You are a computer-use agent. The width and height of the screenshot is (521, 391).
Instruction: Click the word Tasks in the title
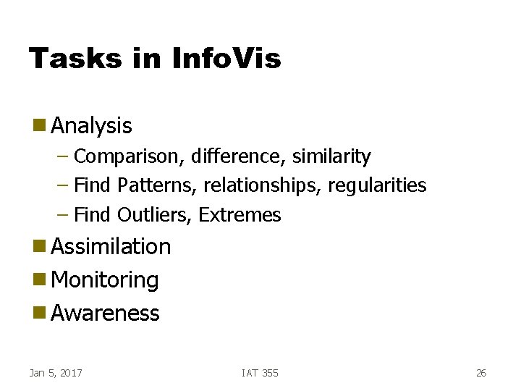(75, 58)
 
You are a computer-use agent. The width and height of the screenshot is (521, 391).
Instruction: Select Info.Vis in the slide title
(226, 58)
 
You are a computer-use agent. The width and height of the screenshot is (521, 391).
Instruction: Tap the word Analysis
(92, 126)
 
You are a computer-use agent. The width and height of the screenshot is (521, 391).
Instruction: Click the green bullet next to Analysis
(38, 126)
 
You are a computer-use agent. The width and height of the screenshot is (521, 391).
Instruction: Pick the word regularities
(377, 185)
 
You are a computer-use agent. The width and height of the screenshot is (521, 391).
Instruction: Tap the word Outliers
(154, 215)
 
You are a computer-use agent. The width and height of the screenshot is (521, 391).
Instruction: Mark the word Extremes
(240, 215)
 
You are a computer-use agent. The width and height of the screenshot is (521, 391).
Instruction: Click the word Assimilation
(111, 247)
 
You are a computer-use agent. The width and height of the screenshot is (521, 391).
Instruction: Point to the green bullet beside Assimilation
(38, 247)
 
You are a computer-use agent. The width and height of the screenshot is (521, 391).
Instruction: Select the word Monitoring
(106, 280)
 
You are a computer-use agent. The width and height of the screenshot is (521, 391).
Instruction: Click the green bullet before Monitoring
(38, 280)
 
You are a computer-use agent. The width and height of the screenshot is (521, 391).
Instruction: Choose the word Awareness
(106, 314)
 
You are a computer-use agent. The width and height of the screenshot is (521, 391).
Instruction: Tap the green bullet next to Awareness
(38, 314)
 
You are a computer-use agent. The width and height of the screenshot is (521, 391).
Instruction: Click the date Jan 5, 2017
(56, 373)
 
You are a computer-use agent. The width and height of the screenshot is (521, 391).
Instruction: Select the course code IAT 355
(260, 373)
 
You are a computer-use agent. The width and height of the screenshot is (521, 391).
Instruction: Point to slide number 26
(481, 373)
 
